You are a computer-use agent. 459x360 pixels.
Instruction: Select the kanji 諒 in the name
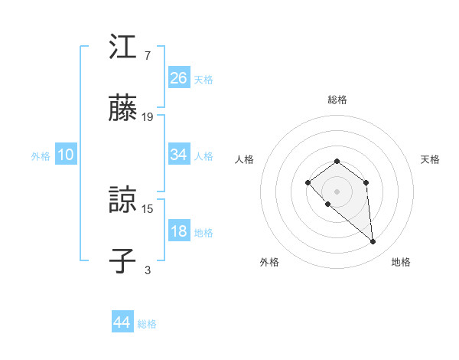[x=122, y=201]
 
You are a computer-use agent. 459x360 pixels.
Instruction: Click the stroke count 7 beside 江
[x=148, y=56]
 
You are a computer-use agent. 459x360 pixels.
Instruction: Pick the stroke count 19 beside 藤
[x=148, y=117]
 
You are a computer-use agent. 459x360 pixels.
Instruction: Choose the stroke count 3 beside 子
[x=148, y=270]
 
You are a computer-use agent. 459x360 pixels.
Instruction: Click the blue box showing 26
[x=179, y=78]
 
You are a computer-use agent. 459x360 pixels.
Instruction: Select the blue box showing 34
[x=179, y=155]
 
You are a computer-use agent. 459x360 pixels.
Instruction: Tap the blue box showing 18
[x=179, y=231]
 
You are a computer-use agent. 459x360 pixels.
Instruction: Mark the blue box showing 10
[x=66, y=155]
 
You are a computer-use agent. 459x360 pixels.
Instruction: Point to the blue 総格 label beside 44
[x=147, y=324]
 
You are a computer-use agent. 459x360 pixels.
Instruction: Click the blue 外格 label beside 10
[x=41, y=156]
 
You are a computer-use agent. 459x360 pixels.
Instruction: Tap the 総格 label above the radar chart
[x=337, y=100]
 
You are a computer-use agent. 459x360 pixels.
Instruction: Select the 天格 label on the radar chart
[x=431, y=159]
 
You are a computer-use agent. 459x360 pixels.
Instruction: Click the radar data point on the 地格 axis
[x=373, y=242]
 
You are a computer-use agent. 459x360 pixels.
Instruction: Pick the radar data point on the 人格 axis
[x=308, y=182]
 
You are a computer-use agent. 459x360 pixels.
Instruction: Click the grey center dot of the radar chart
[x=337, y=191]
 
